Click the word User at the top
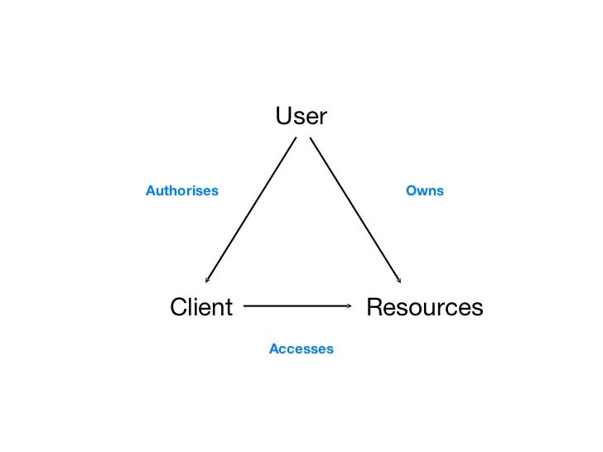pyautogui.click(x=301, y=117)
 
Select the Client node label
pyautogui.click(x=201, y=307)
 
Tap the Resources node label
pyautogui.click(x=424, y=307)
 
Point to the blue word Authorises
pyautogui.click(x=182, y=191)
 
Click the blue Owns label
pyautogui.click(x=425, y=191)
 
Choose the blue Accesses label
pyautogui.click(x=301, y=349)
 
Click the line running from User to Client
pyautogui.click(x=251, y=210)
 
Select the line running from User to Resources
pyautogui.click(x=356, y=210)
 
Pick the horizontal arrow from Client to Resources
pyautogui.click(x=298, y=306)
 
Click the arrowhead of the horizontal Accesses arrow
pyautogui.click(x=350, y=306)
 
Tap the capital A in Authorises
pyautogui.click(x=150, y=191)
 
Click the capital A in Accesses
pyautogui.click(x=273, y=349)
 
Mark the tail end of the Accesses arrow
pyautogui.click(x=245, y=306)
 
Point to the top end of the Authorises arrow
pyautogui.click(x=295, y=137)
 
